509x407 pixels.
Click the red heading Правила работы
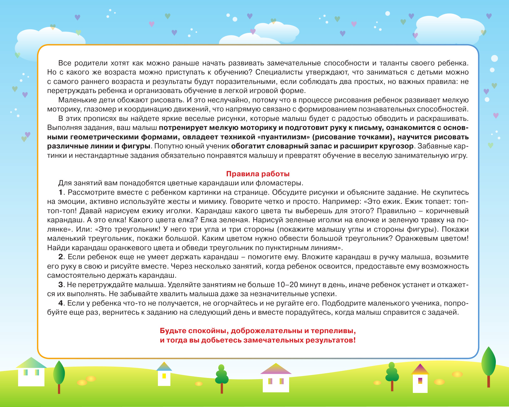click(x=257, y=174)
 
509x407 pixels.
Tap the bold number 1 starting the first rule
click(x=61, y=192)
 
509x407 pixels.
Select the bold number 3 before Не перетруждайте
click(x=61, y=285)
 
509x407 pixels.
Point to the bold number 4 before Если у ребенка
click(x=61, y=303)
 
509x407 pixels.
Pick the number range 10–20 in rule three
click(x=287, y=285)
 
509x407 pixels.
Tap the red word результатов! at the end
click(x=330, y=340)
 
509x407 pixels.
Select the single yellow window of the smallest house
click(x=164, y=376)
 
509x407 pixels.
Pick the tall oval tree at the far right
click(x=488, y=362)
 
